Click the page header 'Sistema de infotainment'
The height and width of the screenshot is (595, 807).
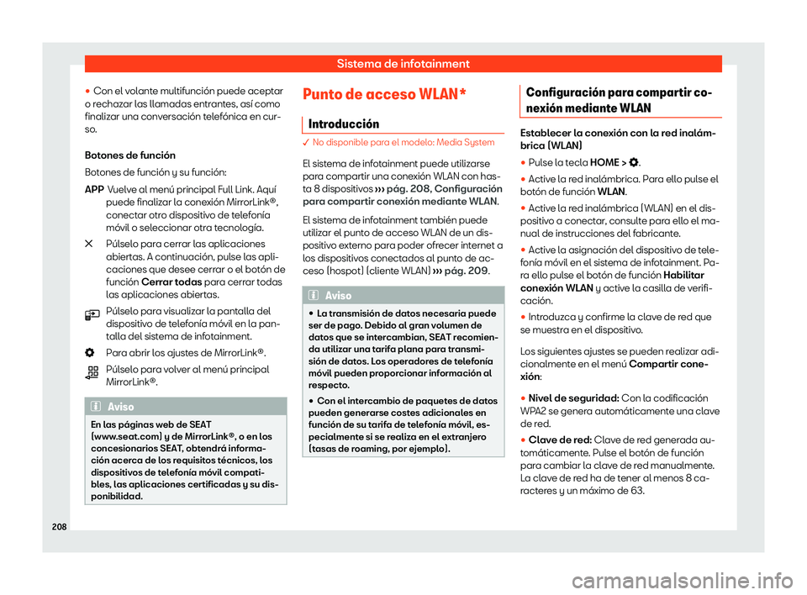(x=403, y=63)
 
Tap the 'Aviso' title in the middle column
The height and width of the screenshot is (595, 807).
(x=339, y=296)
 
